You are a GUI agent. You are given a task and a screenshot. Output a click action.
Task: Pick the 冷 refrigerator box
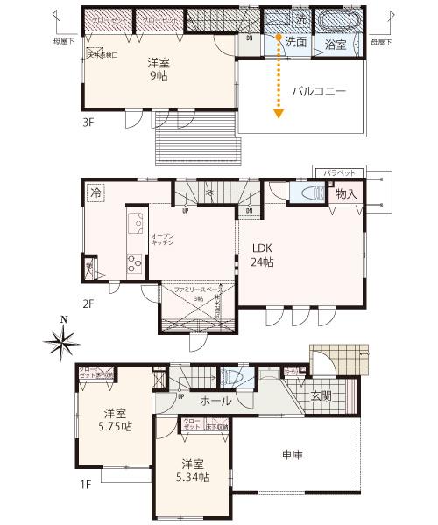pyautogui.click(x=95, y=192)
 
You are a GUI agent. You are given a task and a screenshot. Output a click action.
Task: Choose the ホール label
pyautogui.click(x=215, y=401)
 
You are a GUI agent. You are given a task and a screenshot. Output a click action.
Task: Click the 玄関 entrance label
pyautogui.click(x=321, y=395)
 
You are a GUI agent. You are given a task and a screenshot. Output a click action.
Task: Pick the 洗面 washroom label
pyautogui.click(x=295, y=41)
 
